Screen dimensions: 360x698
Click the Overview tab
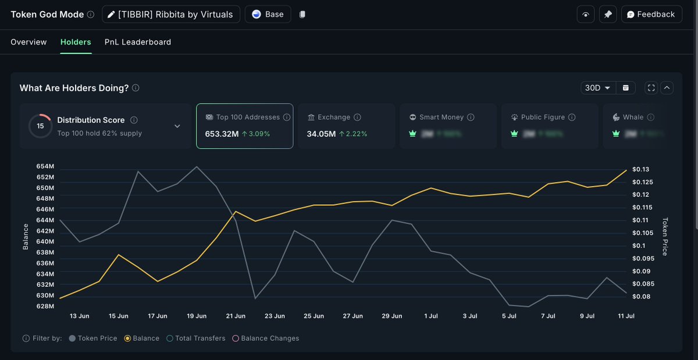click(x=29, y=42)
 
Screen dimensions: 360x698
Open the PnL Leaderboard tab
click(x=138, y=42)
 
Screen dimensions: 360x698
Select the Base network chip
click(x=268, y=15)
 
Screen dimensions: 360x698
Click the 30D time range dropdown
click(x=598, y=88)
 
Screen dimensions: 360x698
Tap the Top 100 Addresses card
click(x=244, y=126)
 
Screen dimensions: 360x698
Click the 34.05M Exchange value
click(x=321, y=134)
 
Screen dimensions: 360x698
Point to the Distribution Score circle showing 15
click(x=40, y=126)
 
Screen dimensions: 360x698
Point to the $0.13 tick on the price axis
click(x=641, y=169)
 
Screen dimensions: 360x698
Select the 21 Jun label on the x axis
click(x=236, y=316)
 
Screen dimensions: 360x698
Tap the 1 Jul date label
click(x=431, y=316)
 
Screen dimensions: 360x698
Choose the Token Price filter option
click(x=93, y=338)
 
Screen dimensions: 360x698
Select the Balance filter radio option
click(x=142, y=338)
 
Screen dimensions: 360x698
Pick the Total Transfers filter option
click(x=196, y=338)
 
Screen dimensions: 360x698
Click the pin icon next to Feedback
click(x=608, y=15)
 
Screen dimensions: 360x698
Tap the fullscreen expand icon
click(x=651, y=88)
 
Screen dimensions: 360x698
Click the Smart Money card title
click(x=441, y=117)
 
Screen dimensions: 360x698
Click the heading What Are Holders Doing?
click(x=74, y=88)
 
